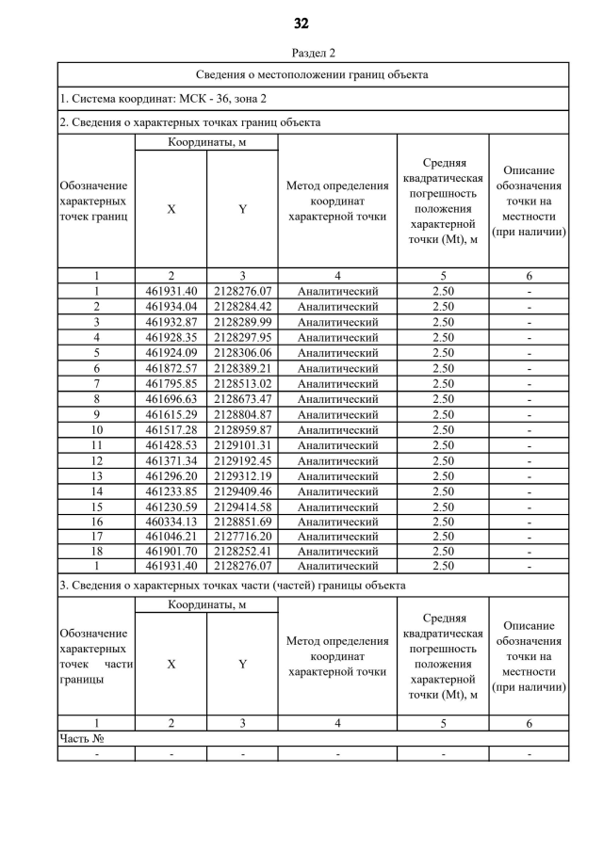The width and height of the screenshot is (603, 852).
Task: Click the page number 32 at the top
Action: click(301, 24)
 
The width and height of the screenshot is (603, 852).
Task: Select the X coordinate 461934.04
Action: click(171, 306)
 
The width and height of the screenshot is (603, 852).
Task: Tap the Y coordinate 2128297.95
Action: click(242, 337)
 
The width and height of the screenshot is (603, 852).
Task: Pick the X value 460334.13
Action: click(171, 521)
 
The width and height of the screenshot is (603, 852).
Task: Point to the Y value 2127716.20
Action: click(242, 536)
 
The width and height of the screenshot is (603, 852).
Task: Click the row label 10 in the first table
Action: click(96, 429)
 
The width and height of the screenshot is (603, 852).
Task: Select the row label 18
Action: click(96, 551)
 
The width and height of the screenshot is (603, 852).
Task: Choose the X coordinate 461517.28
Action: click(171, 429)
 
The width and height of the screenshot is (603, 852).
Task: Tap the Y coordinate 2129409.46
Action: click(242, 490)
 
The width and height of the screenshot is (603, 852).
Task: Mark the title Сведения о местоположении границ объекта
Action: click(312, 73)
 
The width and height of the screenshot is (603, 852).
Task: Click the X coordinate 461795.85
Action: click(171, 383)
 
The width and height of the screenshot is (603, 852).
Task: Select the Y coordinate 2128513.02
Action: click(242, 383)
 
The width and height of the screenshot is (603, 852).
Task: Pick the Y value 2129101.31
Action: click(242, 444)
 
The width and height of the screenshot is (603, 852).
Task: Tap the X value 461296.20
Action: click(171, 475)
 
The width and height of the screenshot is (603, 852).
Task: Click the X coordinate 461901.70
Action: click(171, 551)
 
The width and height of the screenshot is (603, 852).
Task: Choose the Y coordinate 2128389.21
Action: click(242, 367)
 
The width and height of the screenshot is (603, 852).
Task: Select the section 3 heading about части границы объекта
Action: click(232, 586)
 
